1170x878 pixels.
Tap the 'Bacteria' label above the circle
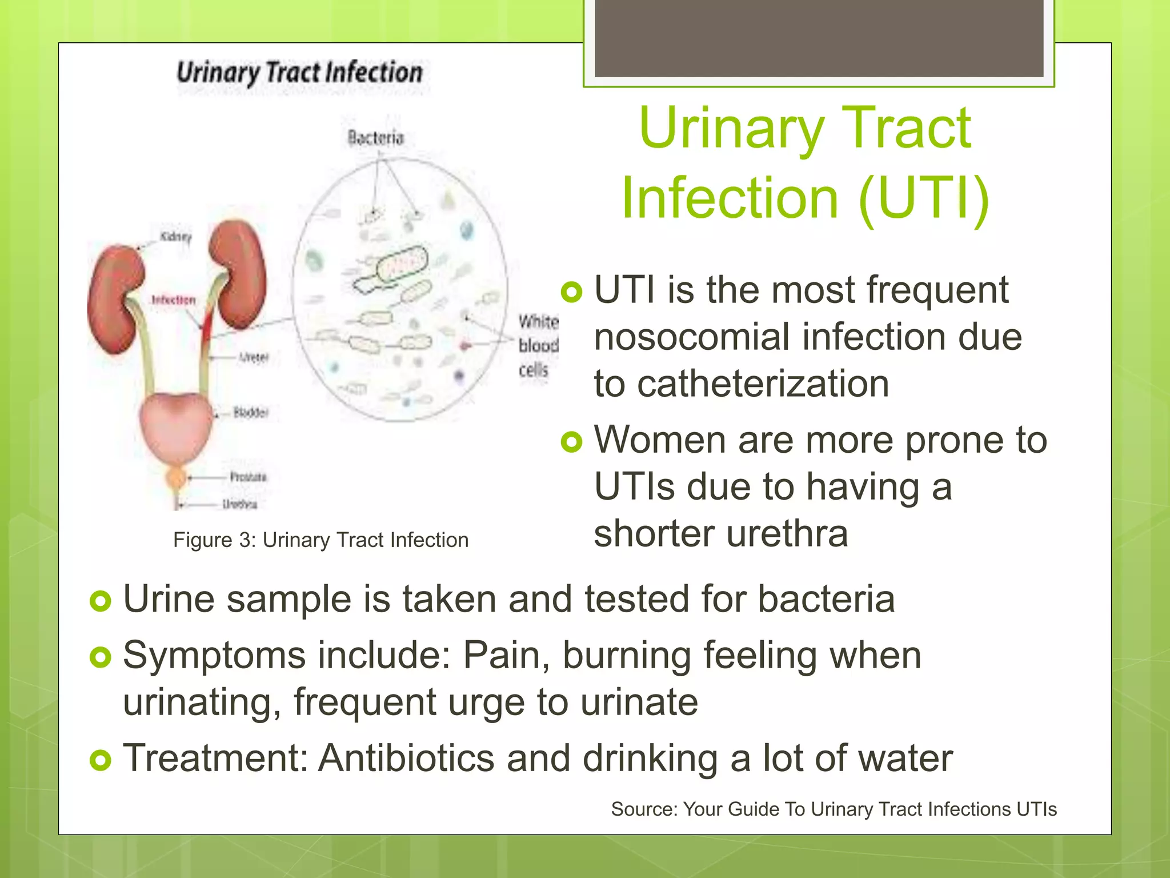coord(375,138)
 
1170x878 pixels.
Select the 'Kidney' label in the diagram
coord(175,237)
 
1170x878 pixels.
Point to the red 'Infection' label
coord(173,300)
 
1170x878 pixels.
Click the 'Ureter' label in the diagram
coord(253,358)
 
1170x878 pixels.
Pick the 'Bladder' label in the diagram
coord(250,413)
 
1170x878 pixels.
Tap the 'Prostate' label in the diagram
coord(248,477)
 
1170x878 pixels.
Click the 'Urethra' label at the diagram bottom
coord(239,504)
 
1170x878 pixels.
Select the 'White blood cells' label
coord(538,346)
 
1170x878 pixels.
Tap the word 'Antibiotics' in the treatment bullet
coord(406,759)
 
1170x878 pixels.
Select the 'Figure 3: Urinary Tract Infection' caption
coord(320,540)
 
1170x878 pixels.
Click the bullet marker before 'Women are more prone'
coord(571,441)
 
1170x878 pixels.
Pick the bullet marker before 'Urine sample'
coord(101,601)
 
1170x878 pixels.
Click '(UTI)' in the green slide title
coord(923,198)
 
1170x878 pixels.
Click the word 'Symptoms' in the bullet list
coord(214,655)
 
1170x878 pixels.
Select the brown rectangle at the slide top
coord(819,38)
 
